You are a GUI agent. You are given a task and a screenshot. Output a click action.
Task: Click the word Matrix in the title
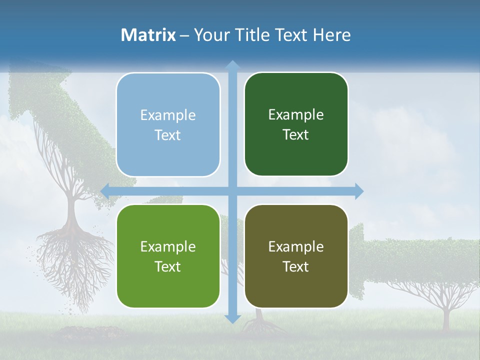148,35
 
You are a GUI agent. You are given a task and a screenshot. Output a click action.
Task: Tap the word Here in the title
331,35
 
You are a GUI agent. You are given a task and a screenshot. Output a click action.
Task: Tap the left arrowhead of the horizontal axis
105,191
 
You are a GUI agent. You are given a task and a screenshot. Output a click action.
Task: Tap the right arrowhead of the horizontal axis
358,191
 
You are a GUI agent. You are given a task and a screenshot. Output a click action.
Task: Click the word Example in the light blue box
168,115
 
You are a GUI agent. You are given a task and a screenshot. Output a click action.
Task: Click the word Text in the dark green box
296,135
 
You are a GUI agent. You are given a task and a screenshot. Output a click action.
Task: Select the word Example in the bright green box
168,246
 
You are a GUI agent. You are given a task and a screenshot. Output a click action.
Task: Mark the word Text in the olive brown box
296,266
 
